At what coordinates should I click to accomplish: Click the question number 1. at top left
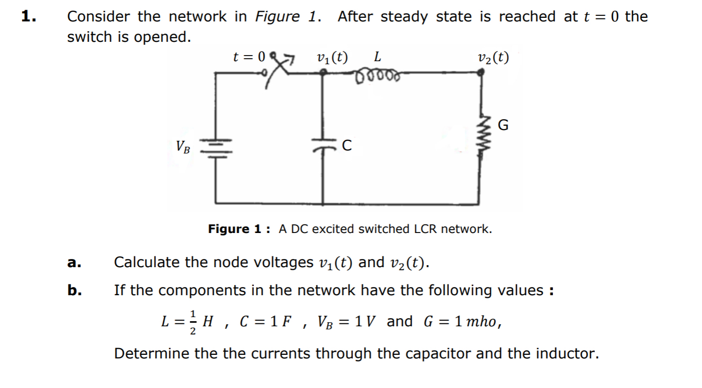tap(29, 16)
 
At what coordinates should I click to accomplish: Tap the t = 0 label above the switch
tap(249, 57)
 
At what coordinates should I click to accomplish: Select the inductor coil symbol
tap(378, 76)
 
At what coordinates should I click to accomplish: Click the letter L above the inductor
tap(377, 56)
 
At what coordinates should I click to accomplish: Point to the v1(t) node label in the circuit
tap(332, 57)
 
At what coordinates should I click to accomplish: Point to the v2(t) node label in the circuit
tap(493, 57)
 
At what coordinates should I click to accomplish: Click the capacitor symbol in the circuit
tap(323, 146)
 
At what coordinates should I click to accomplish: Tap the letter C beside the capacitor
tap(346, 146)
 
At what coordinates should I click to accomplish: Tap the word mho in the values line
tap(480, 322)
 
